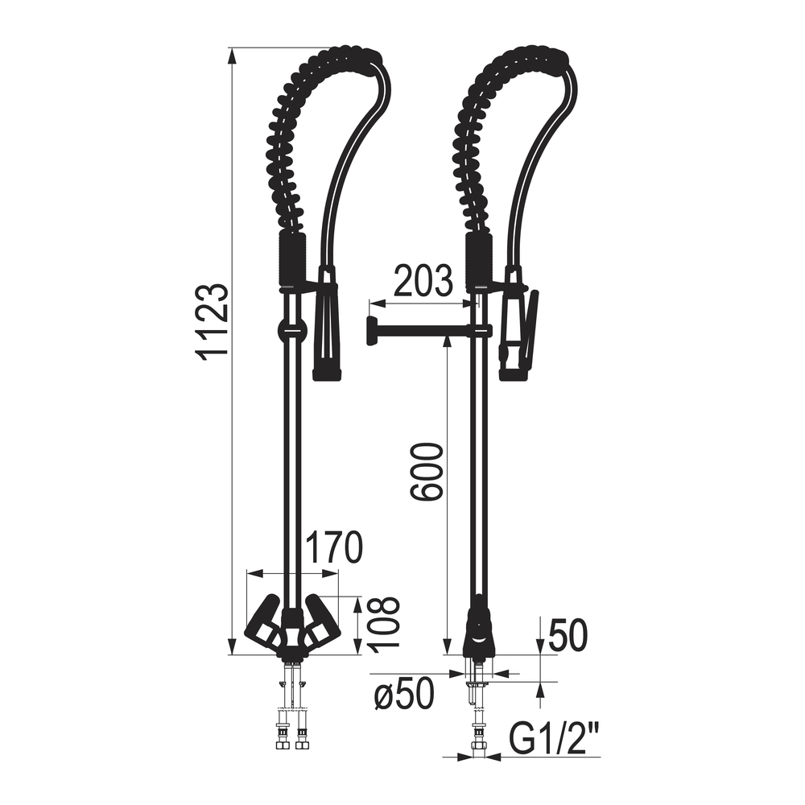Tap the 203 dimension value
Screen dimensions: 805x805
(423, 281)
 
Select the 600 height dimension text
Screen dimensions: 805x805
(426, 472)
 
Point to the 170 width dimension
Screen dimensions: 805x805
(334, 547)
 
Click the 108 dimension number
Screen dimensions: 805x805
(384, 625)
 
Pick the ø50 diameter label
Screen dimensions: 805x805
(405, 695)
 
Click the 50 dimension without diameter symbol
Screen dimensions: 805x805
(568, 636)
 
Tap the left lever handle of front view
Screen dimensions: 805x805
(264, 623)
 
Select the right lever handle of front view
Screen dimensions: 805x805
(321, 623)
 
